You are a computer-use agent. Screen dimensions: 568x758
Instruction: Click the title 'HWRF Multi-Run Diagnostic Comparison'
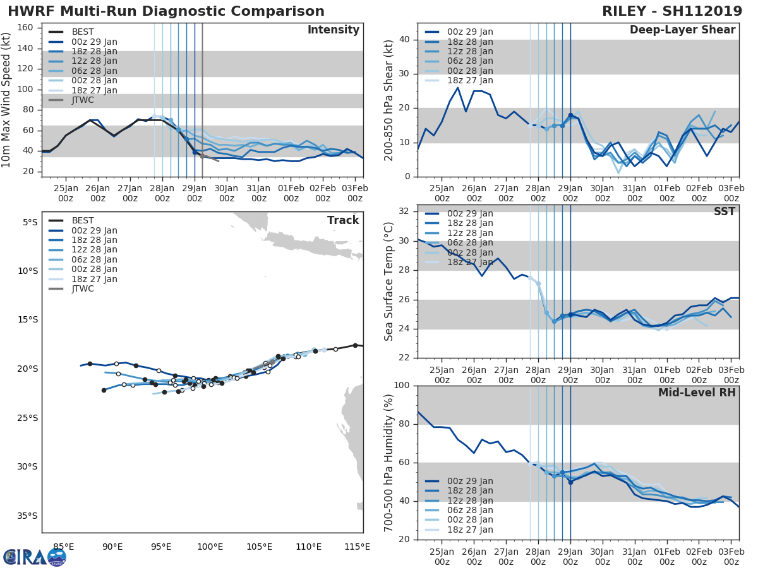click(x=167, y=11)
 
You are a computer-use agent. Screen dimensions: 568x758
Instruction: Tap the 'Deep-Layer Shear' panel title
click(x=682, y=30)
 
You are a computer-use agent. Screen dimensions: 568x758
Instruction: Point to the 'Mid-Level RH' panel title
click(x=697, y=393)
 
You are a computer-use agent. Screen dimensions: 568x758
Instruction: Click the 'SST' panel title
click(x=725, y=212)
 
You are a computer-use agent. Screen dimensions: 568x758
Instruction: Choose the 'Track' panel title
click(x=343, y=220)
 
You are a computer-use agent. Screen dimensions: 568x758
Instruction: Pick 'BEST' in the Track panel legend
click(x=83, y=221)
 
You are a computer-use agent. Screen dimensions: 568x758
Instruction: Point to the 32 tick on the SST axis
click(x=404, y=211)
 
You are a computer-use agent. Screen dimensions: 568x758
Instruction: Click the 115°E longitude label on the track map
click(x=358, y=547)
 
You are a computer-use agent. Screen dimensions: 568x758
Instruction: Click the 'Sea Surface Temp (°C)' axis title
click(x=389, y=281)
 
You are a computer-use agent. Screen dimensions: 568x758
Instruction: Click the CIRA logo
click(x=35, y=557)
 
